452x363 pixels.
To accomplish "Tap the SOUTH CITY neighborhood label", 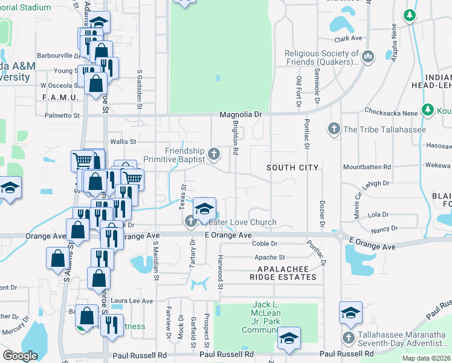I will (292, 167).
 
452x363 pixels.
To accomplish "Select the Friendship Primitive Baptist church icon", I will (213, 155).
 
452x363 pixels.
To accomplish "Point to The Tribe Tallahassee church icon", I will (333, 129).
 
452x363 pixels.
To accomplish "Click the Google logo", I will (20, 355).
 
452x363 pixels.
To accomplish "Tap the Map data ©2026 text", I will (426, 358).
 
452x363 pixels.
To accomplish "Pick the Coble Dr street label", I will (265, 244).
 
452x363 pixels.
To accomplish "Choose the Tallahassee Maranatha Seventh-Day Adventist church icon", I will (348, 338).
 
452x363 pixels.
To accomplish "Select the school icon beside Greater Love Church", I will (205, 209).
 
